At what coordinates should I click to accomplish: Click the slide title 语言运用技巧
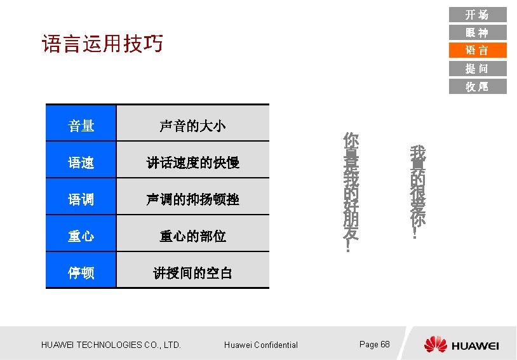tap(102, 44)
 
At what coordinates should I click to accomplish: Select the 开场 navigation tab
tap(477, 15)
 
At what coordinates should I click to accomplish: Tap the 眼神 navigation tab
tap(477, 32)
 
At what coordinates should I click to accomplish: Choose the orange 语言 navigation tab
tap(477, 50)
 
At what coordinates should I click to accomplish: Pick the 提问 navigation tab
tap(477, 69)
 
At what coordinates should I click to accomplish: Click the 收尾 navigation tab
tap(477, 86)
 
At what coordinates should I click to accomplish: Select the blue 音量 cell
tap(81, 126)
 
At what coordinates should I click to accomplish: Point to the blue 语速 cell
tap(81, 163)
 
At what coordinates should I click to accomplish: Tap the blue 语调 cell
tap(81, 199)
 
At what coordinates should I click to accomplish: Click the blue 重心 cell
tap(81, 236)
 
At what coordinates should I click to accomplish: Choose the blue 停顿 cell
tap(81, 273)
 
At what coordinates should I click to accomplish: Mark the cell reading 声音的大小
tap(192, 126)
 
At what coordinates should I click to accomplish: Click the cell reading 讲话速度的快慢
tap(192, 163)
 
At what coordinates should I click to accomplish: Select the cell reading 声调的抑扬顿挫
tap(192, 199)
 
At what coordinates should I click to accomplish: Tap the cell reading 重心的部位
tap(192, 236)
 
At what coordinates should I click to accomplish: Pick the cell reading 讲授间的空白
tap(192, 273)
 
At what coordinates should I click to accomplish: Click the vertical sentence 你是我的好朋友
tap(350, 192)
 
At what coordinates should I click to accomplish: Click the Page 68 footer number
tap(374, 344)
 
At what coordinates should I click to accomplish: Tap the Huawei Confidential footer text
tap(260, 345)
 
